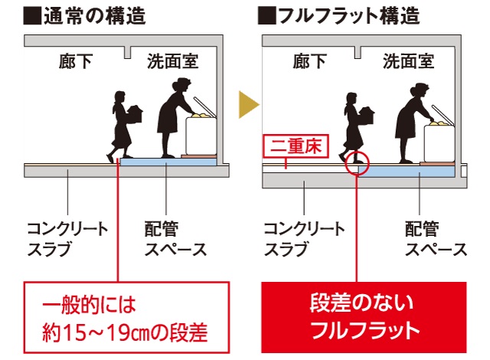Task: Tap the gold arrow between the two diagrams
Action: [249, 105]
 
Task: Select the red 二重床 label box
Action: [296, 146]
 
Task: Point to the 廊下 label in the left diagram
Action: [76, 61]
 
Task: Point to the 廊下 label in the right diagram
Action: [309, 61]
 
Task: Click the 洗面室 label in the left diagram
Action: [173, 61]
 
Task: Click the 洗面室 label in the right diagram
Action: [408, 61]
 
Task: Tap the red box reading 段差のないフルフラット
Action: [364, 317]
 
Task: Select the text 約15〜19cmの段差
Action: [125, 332]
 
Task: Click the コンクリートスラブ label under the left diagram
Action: [67, 239]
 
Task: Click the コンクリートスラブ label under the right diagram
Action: [304, 239]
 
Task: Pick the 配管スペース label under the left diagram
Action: [175, 239]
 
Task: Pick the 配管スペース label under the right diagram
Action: [436, 239]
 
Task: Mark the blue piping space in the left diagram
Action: [168, 162]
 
